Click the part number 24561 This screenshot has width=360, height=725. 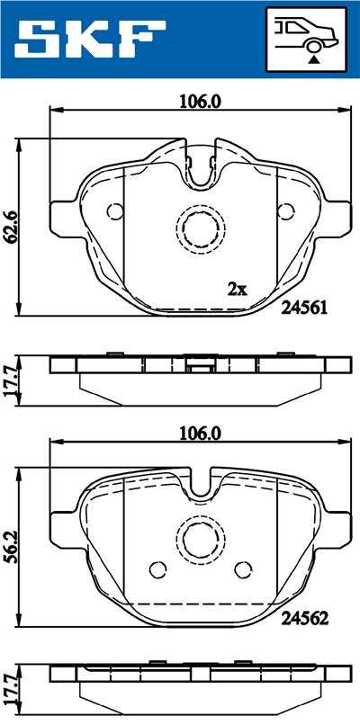click(x=303, y=307)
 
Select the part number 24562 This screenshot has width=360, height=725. click(x=303, y=619)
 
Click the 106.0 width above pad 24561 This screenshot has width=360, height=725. click(x=200, y=101)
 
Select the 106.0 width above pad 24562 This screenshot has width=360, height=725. click(x=200, y=433)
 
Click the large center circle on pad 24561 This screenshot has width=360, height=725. click(x=200, y=228)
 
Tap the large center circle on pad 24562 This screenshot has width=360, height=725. click(x=200, y=541)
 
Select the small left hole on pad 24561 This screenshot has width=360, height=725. click(x=114, y=212)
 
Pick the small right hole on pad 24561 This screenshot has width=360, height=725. click(x=286, y=212)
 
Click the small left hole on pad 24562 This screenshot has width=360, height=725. click(x=157, y=569)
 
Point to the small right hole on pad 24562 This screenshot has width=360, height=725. click(x=243, y=569)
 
